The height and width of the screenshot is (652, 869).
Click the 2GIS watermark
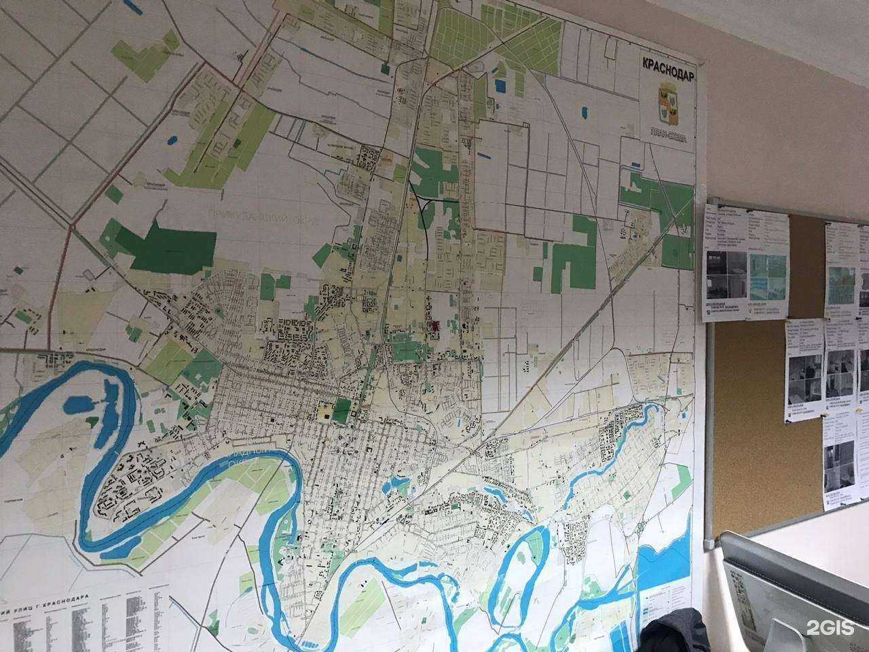[830, 627]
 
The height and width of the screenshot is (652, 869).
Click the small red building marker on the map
[432, 329]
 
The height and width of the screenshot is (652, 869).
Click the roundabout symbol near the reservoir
[641, 526]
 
